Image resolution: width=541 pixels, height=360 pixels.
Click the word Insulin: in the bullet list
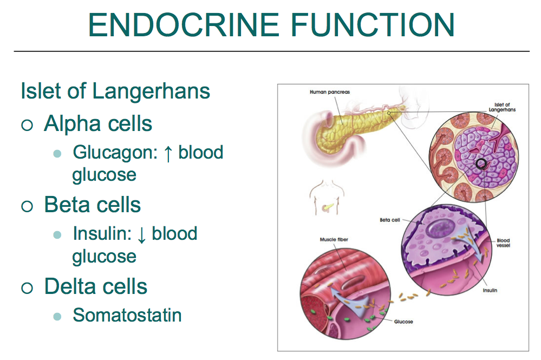102,234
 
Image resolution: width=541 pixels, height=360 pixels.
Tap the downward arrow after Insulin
142,235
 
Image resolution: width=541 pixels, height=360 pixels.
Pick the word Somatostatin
127,315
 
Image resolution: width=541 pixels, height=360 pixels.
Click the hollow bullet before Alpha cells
27,126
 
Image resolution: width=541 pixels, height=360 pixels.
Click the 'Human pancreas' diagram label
330,92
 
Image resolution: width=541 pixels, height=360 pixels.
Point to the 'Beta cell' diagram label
389,220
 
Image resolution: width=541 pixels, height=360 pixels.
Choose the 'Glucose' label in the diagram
403,322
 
